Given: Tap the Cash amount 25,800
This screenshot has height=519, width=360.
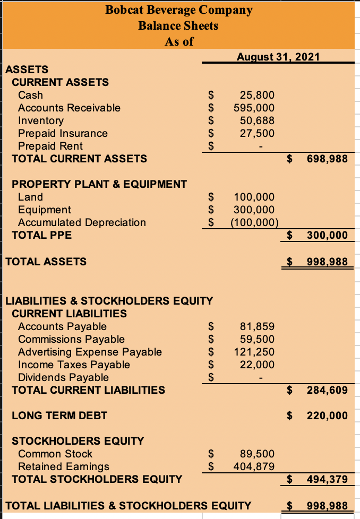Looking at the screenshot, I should tap(258, 95).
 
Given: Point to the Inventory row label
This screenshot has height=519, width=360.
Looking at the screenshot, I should tap(40, 120).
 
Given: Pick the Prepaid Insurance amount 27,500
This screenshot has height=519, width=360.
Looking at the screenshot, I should tap(258, 133).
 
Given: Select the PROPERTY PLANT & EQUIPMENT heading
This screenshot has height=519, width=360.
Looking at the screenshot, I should tap(99, 184).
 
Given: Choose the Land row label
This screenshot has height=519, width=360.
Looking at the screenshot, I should tap(30, 197).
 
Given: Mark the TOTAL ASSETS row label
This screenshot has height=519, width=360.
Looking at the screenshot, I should tap(45, 261).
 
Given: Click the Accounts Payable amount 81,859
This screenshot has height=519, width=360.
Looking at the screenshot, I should tap(258, 326).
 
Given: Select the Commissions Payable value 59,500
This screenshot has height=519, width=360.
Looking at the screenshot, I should tap(258, 339).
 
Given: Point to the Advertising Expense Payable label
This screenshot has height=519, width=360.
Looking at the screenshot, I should tap(90, 352).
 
